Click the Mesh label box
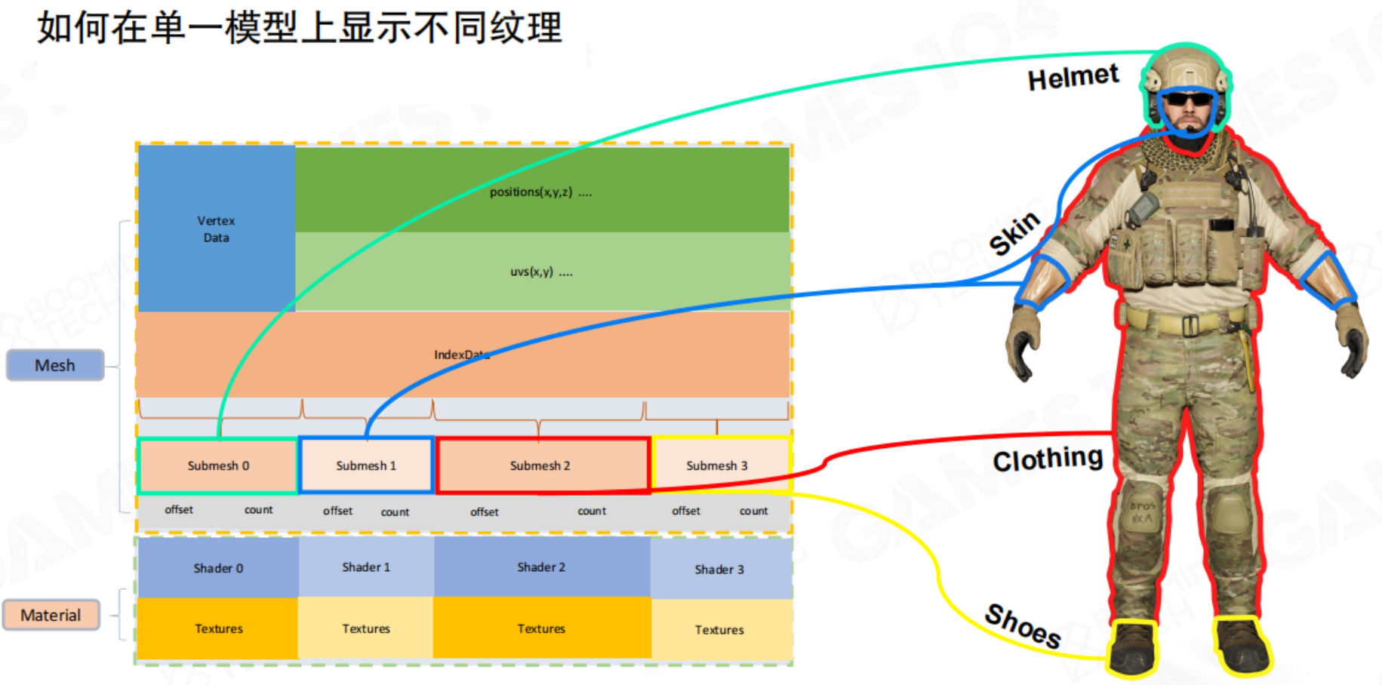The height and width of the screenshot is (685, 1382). pyautogui.click(x=55, y=365)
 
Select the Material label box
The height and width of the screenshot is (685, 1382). pyautogui.click(x=51, y=615)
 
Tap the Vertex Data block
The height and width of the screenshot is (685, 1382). pyautogui.click(x=216, y=229)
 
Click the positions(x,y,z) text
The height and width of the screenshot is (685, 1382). pyautogui.click(x=540, y=192)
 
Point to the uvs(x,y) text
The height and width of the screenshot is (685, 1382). pyautogui.click(x=541, y=272)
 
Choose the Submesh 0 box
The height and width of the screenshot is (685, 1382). pyautogui.click(x=218, y=465)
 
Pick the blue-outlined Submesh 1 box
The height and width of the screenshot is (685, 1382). pyautogui.click(x=366, y=465)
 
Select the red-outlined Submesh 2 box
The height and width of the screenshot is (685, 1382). pyautogui.click(x=540, y=465)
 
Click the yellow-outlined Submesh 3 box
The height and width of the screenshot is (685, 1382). pyautogui.click(x=717, y=465)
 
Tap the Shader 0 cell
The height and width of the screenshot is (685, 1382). pyautogui.click(x=218, y=568)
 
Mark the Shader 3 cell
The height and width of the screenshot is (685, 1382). pyautogui.click(x=719, y=569)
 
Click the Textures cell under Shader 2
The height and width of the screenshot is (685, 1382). pyautogui.click(x=541, y=628)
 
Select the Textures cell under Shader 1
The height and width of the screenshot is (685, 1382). pyautogui.click(x=366, y=628)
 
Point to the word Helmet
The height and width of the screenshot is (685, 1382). pyautogui.click(x=1073, y=77)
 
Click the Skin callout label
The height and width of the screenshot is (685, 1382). pyautogui.click(x=1015, y=233)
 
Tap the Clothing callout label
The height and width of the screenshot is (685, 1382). pyautogui.click(x=1048, y=459)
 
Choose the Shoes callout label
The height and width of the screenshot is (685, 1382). pyautogui.click(x=1023, y=626)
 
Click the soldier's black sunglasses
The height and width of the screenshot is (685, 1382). pyautogui.click(x=1189, y=100)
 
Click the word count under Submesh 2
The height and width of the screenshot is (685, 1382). pyautogui.click(x=592, y=511)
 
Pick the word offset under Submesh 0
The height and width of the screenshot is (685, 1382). pyautogui.click(x=179, y=510)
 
